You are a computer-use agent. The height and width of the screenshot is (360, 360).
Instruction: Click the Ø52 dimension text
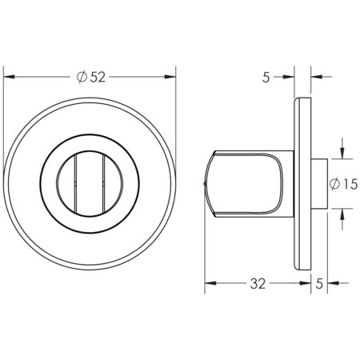click(90, 77)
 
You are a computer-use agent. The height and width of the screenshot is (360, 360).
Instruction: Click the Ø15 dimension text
click(343, 183)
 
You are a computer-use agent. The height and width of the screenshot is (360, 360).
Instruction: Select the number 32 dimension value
click(258, 283)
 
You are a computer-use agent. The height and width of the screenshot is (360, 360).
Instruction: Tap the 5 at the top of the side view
click(266, 77)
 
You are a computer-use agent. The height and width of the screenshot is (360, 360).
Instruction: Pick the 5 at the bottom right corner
click(321, 283)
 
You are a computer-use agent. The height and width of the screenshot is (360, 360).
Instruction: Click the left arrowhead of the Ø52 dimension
click(10, 77)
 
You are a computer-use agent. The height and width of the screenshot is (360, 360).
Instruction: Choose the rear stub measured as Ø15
click(317, 183)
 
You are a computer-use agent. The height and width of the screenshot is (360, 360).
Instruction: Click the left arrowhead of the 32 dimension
click(210, 283)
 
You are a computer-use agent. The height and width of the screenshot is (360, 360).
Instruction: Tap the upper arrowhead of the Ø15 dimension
click(342, 154)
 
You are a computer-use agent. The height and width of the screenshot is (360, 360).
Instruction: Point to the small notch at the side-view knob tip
click(207, 186)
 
